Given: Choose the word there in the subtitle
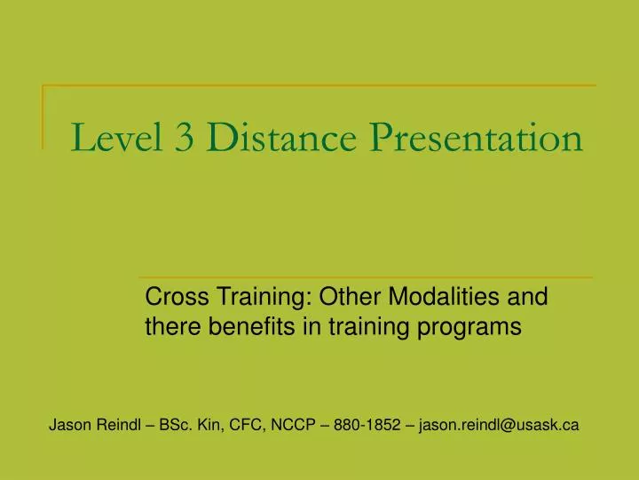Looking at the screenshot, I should [172, 327].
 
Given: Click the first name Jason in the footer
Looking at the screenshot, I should [68, 425].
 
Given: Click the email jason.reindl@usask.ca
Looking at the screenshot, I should [500, 425].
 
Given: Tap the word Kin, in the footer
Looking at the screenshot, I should [213, 425].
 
